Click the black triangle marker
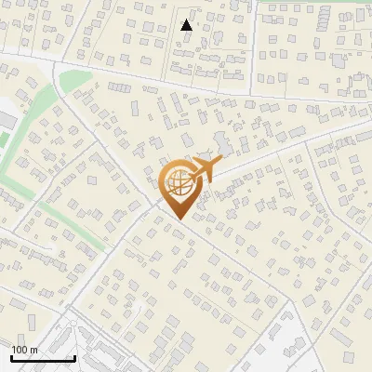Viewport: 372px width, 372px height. [x=187, y=25]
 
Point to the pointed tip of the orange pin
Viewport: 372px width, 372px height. [x=180, y=219]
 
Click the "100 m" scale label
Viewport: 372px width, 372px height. [x=24, y=350]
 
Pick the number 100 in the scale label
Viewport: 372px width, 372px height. [x=20, y=350]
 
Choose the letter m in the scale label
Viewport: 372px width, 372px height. [x=33, y=350]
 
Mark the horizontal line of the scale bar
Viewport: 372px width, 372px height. [x=43, y=358]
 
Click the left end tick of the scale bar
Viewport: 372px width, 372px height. [x=11, y=356]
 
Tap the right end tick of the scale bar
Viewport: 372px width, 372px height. [x=74, y=356]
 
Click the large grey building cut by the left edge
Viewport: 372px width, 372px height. [x=5, y=120]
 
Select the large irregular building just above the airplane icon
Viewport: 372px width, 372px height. [x=224, y=144]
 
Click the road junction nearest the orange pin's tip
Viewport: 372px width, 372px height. [x=153, y=199]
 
